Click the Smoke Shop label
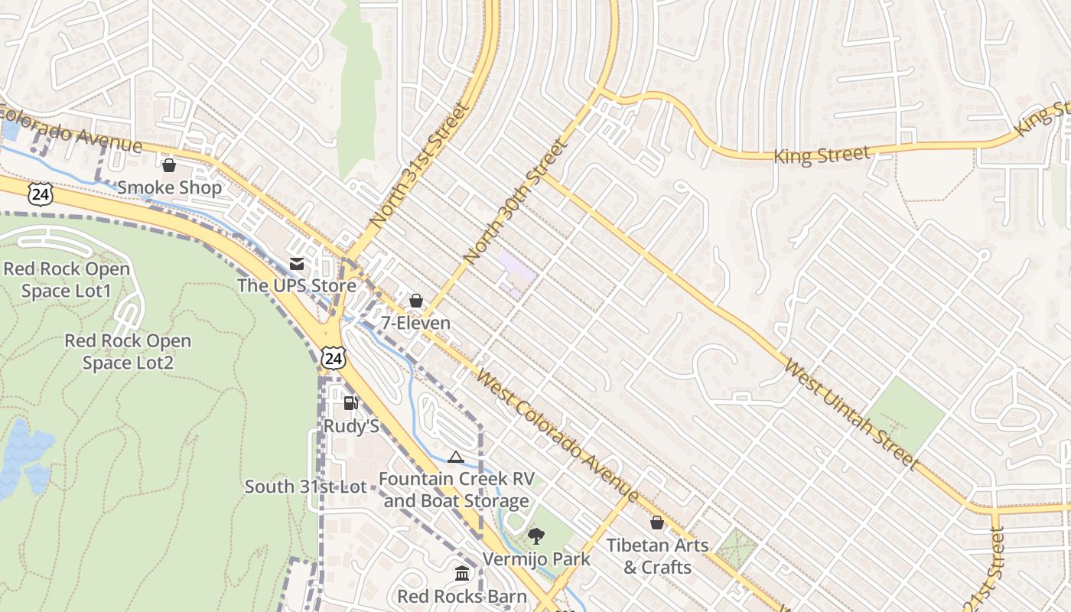click(x=169, y=187)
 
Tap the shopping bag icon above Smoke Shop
click(x=169, y=164)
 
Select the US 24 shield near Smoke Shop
click(x=41, y=194)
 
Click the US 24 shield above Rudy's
click(x=334, y=358)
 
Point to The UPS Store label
click(x=297, y=286)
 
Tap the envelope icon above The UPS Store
click(x=297, y=265)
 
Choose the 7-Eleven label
click(x=416, y=323)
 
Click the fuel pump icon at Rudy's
click(x=351, y=403)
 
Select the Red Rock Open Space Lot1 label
click(x=67, y=280)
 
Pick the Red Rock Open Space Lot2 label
click(x=128, y=352)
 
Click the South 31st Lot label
click(x=305, y=487)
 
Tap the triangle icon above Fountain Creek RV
click(x=456, y=457)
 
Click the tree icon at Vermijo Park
click(x=536, y=536)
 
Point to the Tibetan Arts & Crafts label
click(x=657, y=556)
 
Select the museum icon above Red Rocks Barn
click(x=462, y=573)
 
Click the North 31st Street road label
click(x=418, y=165)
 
